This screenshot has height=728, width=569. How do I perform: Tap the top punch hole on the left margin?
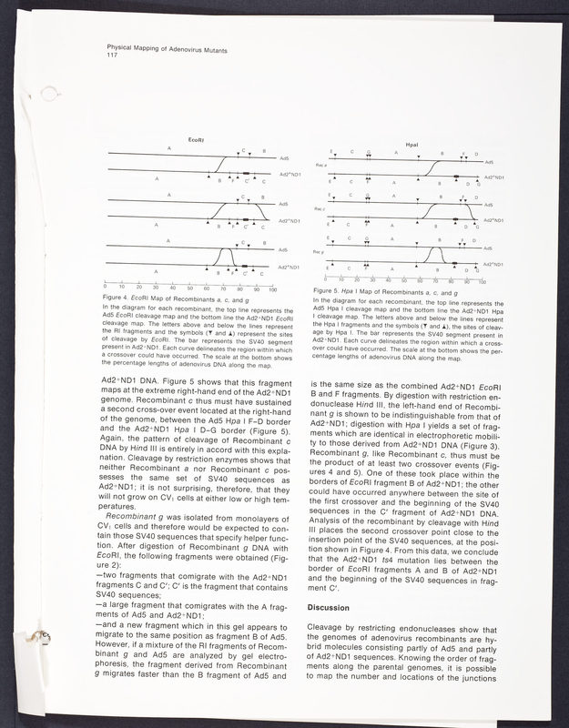click(x=34, y=89)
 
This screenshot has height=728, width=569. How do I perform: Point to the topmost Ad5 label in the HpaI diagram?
click(x=490, y=161)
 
